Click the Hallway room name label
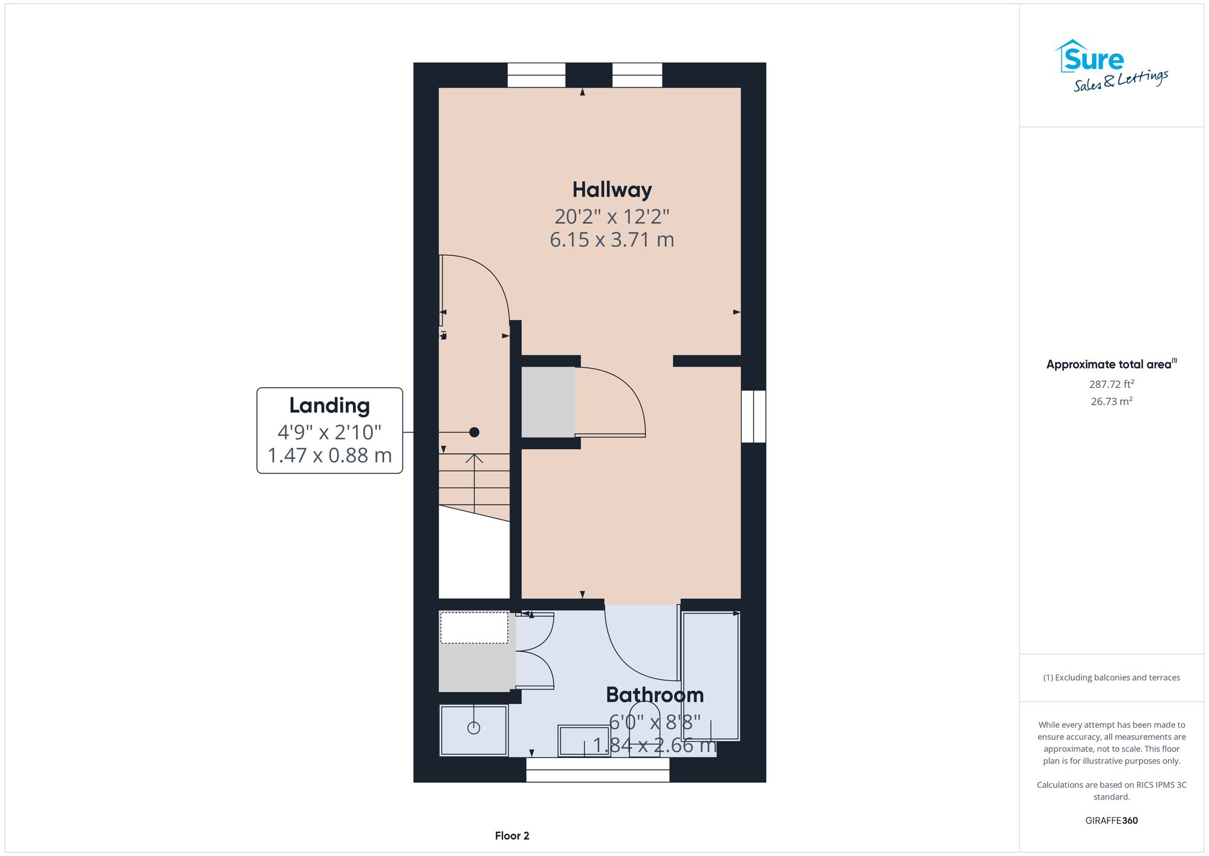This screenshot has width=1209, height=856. [x=612, y=190]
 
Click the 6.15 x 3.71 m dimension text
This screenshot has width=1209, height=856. [x=612, y=240]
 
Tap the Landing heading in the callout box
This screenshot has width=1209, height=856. [x=329, y=405]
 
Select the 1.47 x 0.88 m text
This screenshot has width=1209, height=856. [x=329, y=456]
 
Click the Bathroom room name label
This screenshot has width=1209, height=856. [x=655, y=695]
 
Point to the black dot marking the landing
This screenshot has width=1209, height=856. [x=475, y=432]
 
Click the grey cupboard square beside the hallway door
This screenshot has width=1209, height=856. [x=548, y=402]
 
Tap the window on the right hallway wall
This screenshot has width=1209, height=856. [x=753, y=416]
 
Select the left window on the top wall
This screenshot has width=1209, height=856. [x=536, y=75]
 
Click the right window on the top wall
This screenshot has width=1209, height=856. [x=637, y=75]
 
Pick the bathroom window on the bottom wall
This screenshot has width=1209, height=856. [x=597, y=769]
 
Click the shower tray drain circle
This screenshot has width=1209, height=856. [x=474, y=728]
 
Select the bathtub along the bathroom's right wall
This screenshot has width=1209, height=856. [x=710, y=676]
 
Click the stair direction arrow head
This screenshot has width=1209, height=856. [x=475, y=458]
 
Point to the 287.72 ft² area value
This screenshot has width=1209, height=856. [x=1111, y=384]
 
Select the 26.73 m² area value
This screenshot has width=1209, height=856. [x=1111, y=402]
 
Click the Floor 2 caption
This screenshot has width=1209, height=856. [x=512, y=836]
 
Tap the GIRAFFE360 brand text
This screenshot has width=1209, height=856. [x=1111, y=821]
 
